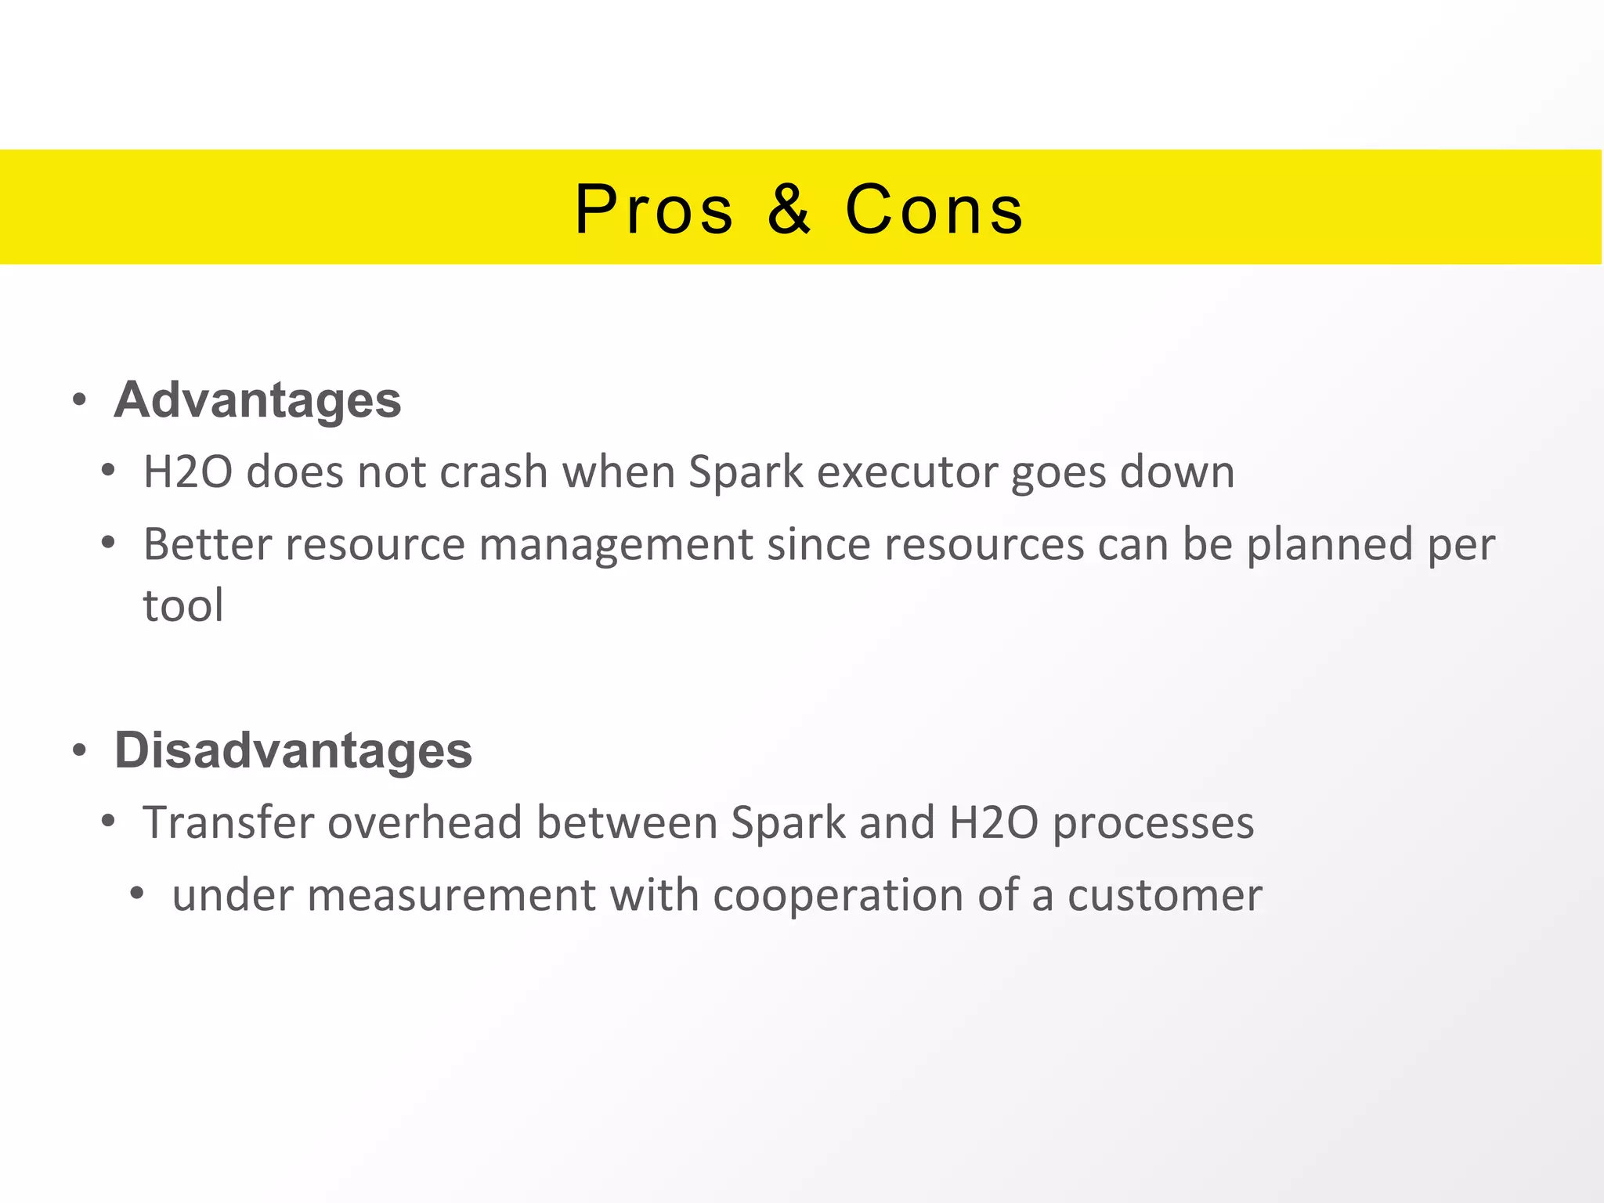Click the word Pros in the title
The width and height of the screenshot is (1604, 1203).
(x=654, y=210)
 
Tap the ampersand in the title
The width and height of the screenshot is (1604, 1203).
(x=789, y=210)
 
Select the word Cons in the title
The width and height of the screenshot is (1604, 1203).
(x=934, y=210)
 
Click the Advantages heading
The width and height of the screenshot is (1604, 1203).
(x=258, y=400)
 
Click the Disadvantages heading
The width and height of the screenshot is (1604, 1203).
(x=293, y=750)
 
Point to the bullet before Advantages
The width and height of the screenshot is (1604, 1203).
(x=79, y=401)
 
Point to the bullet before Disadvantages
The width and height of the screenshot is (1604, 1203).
(x=79, y=751)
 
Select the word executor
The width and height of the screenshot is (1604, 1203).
(x=907, y=472)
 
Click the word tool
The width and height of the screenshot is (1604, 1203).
(x=183, y=605)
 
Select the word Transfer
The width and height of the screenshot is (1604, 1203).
(x=228, y=823)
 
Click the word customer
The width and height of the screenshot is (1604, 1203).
(x=1165, y=895)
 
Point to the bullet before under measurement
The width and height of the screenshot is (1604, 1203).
(x=138, y=894)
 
